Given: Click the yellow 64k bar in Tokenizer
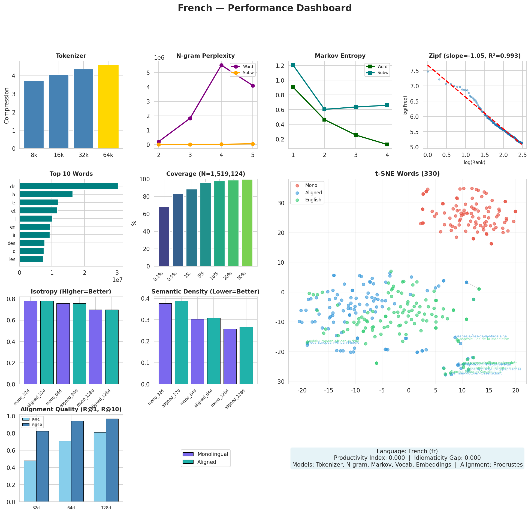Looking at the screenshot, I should tap(108, 107).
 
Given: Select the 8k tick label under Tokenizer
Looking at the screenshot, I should tap(34, 155).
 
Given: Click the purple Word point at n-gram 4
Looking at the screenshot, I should tap(221, 65).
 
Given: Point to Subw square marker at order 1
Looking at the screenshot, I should tap(293, 65).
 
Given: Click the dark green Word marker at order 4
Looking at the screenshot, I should tap(387, 144).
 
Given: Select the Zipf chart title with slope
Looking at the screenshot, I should tap(475, 56).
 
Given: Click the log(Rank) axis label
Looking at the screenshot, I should tap(475, 162).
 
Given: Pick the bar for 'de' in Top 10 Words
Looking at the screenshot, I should tap(68, 186).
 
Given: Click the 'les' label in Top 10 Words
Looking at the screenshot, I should tap(12, 259).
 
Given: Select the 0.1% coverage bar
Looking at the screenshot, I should tap(164, 237).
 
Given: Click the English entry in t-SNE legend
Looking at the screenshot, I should tap(313, 200).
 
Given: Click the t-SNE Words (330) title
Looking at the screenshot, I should tap(407, 174).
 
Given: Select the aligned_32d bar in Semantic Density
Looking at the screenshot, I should tap(182, 342).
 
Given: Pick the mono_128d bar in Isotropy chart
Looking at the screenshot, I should tap(95, 347).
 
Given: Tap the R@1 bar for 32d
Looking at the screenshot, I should tap(30, 481).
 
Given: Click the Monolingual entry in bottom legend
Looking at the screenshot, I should tap(213, 454).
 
